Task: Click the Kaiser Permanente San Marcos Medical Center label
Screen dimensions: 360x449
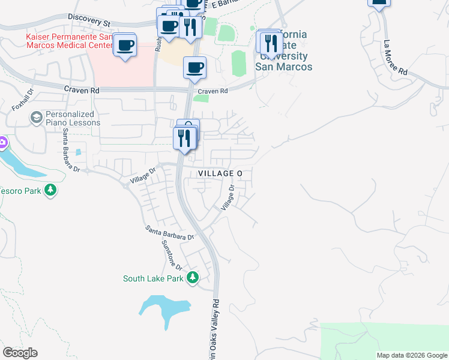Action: tap(68, 41)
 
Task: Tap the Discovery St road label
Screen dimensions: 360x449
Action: tap(90, 22)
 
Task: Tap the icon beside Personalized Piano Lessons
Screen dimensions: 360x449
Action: tap(37, 116)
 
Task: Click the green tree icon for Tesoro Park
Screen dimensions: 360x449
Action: tap(50, 190)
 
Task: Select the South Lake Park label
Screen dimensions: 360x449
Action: tap(152, 278)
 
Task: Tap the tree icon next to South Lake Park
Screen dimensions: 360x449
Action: tap(193, 278)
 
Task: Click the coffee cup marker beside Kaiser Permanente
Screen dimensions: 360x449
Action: tap(125, 45)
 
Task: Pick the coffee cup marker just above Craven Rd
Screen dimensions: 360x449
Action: tap(194, 68)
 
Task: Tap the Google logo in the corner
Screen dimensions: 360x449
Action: tap(20, 353)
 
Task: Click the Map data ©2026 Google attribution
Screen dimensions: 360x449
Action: tap(412, 355)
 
